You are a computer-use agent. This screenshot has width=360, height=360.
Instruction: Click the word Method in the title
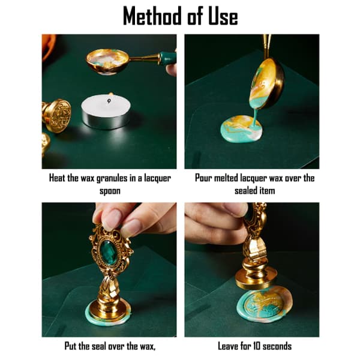tap(152, 16)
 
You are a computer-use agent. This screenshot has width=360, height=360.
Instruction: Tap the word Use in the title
tap(223, 16)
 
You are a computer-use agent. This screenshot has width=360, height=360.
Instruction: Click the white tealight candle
tap(106, 111)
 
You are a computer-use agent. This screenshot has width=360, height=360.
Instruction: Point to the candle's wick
tap(109, 101)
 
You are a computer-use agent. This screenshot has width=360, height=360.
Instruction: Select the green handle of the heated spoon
tap(168, 59)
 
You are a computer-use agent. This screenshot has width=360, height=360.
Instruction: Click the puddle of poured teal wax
tap(241, 128)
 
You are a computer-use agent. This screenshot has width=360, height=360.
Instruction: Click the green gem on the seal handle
tap(109, 251)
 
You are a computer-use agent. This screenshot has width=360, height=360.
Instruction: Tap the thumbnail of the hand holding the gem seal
tap(112, 220)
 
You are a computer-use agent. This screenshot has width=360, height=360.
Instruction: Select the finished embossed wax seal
tap(265, 304)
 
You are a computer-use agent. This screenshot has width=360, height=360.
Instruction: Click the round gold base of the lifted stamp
tap(256, 278)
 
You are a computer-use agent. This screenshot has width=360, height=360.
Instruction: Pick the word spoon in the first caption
tap(110, 191)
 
